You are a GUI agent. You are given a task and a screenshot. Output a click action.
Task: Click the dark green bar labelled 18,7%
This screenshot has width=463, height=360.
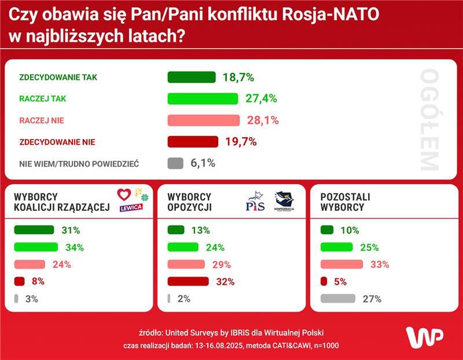pos(191,78)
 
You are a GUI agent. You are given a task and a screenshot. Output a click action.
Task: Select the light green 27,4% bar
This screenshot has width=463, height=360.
pos(203,98)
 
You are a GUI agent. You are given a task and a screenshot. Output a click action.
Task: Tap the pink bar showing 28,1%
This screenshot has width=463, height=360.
pos(203,120)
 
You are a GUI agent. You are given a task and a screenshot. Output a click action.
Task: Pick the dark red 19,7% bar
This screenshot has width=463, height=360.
pos(193,142)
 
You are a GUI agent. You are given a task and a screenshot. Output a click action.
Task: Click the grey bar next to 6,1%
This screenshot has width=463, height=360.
pos(175,163)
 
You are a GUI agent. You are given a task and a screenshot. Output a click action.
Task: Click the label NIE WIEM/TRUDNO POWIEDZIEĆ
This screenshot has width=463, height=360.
pos(79,164)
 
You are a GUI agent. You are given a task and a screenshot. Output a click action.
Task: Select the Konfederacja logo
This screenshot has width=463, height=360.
pos(284,201)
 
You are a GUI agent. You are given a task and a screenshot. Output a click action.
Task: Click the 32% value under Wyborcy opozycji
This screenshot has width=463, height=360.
pos(225,282)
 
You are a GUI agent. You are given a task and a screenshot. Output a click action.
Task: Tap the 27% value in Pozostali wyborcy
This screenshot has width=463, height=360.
pos(372,299)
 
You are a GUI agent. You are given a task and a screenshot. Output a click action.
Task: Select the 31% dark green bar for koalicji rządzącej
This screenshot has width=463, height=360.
pos(34,230)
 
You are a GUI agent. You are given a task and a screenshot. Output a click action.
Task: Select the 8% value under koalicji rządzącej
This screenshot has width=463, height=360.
pos(38,282)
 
